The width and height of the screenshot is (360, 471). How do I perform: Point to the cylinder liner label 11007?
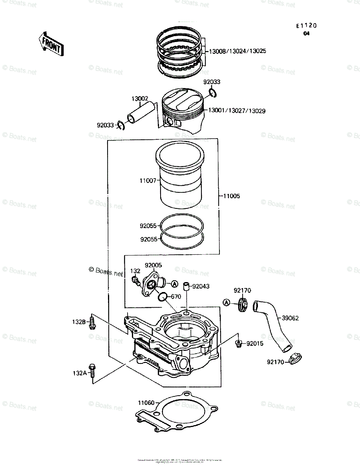pos(148,181)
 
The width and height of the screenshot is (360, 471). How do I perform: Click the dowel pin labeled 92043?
pos(187,286)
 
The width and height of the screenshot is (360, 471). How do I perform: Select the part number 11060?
pos(146,402)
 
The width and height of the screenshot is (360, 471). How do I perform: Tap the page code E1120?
pos(306,26)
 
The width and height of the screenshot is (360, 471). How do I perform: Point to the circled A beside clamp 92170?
pos(227,303)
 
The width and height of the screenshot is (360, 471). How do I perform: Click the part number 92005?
pos(153,265)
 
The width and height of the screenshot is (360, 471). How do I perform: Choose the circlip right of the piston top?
pos(212,93)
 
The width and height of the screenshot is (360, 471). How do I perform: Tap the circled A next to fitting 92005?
pos(174,283)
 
